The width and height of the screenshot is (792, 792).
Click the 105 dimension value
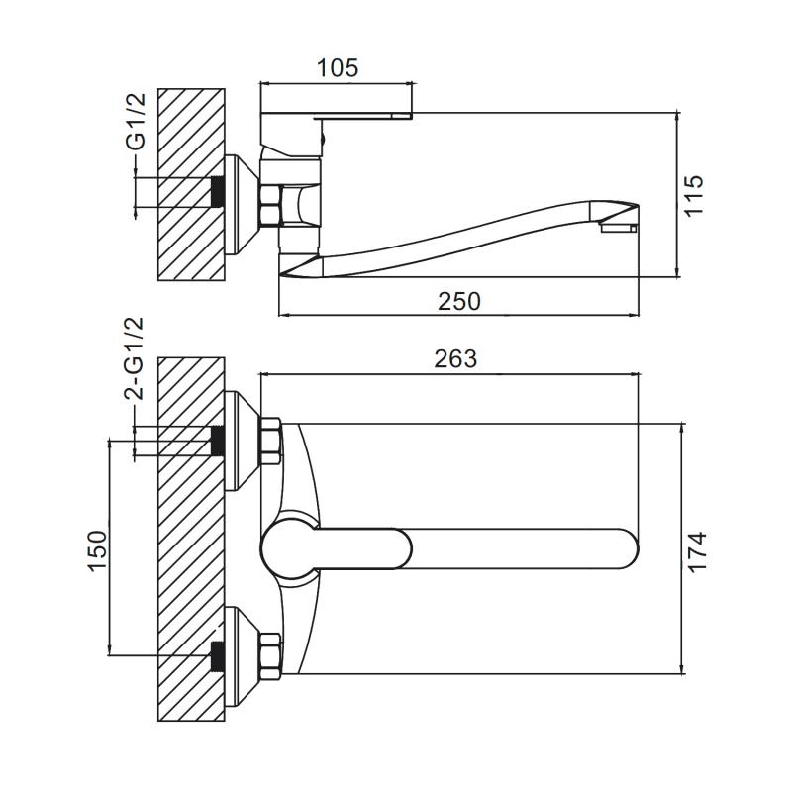coord(337,68)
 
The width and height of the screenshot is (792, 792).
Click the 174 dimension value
coord(697,550)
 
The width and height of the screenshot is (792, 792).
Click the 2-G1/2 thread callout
coord(135,358)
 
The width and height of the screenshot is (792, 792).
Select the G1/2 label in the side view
coord(136,121)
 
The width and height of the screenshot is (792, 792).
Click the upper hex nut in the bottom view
coord(270,441)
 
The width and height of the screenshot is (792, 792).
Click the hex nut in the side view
coord(271,206)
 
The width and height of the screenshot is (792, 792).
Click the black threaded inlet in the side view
coord(216,191)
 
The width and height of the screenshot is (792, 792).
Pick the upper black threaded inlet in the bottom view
coord(216,441)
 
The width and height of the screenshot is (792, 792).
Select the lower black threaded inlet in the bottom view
coord(216,656)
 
